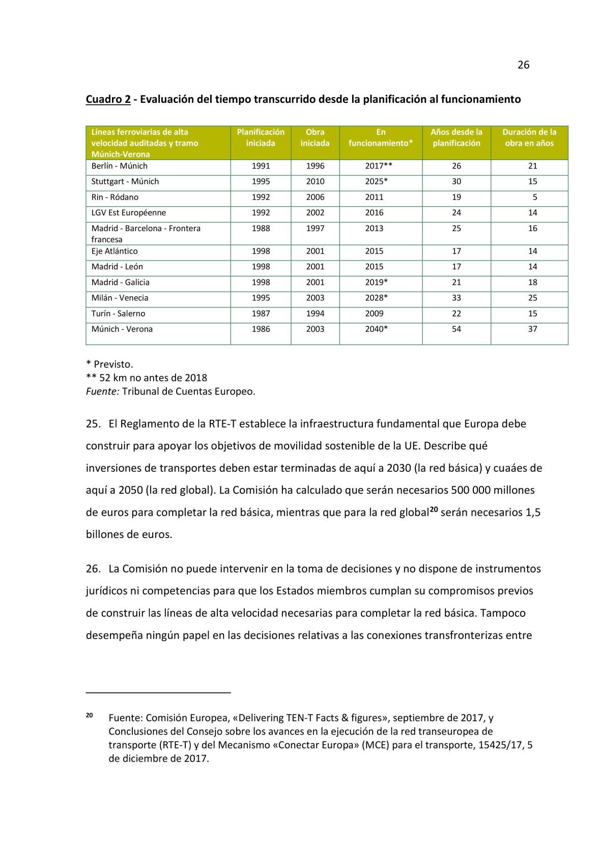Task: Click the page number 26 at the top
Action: click(x=523, y=65)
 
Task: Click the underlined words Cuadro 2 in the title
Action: click(x=108, y=99)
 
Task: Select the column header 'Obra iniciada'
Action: click(x=315, y=137)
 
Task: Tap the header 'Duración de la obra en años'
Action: click(x=529, y=137)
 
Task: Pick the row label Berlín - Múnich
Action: click(x=119, y=166)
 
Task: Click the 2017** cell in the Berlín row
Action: click(x=379, y=166)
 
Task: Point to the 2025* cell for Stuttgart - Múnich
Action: click(x=377, y=181)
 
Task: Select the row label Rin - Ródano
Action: click(x=115, y=197)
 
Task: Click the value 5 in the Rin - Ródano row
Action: click(x=535, y=197)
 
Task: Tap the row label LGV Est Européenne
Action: click(x=128, y=213)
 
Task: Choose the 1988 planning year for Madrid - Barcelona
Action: click(x=261, y=228)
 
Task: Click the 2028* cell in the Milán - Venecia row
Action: click(x=377, y=298)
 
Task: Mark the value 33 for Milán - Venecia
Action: click(x=456, y=298)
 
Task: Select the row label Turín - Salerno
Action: click(x=118, y=314)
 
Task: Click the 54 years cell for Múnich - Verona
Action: click(x=456, y=329)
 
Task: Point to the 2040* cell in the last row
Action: click(x=377, y=329)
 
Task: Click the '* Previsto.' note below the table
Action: click(x=109, y=364)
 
